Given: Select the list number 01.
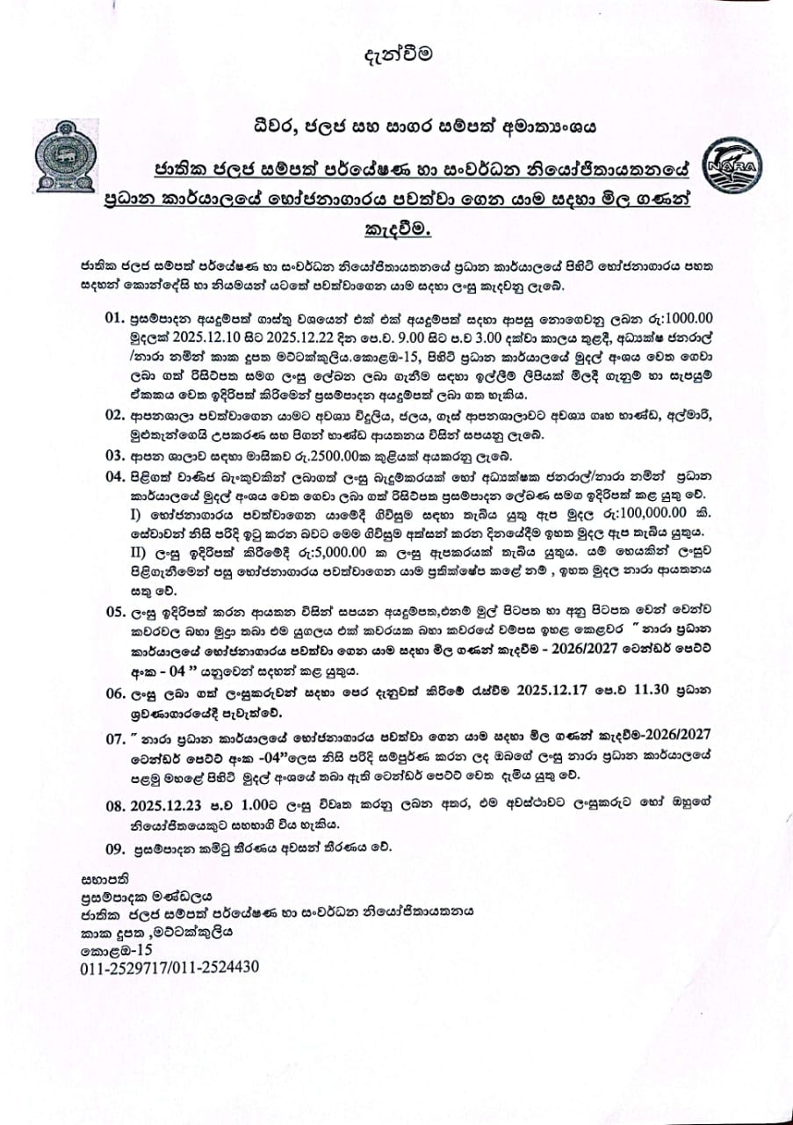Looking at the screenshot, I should tap(117, 317).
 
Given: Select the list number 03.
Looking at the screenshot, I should tap(117, 455).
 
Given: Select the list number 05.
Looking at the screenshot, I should tap(117, 612).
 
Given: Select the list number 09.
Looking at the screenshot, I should tap(117, 848).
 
